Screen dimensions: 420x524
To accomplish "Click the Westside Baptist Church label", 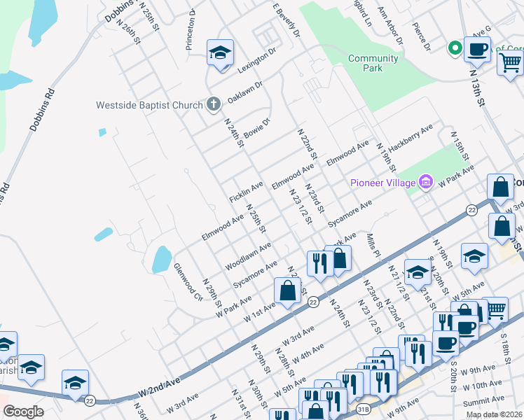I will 150,106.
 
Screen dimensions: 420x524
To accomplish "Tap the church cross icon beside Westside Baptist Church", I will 214,105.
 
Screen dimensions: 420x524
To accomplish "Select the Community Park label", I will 373,63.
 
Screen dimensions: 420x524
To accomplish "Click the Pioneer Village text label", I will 382,183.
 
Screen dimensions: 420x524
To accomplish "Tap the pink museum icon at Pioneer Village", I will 425,183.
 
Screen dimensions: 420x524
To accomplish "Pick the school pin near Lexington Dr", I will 220,53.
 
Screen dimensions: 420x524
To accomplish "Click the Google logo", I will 23,412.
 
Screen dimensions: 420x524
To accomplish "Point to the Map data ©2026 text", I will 494,414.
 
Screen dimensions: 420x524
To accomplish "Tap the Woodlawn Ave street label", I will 248,257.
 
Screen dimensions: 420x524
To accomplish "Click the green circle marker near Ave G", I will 455,48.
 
